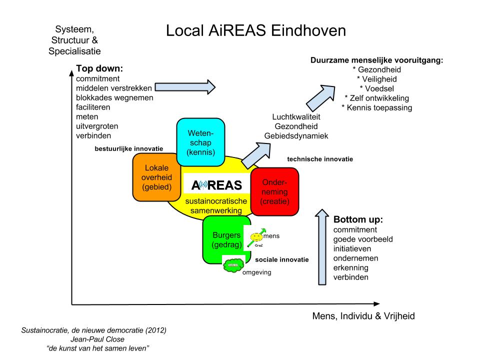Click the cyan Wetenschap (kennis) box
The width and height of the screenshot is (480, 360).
point(200,142)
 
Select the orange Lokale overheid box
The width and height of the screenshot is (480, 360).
point(154,177)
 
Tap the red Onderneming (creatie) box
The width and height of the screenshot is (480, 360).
point(274,192)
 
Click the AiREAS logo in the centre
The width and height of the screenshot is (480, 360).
point(216,185)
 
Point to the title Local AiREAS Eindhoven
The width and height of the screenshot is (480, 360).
point(256,31)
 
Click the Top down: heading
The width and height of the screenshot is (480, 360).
point(99,69)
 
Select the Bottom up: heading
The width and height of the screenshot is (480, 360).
point(357,220)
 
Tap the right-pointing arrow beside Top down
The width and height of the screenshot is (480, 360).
point(185,86)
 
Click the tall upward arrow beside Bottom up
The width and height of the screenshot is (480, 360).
point(325,247)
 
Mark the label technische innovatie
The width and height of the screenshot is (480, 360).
point(320,159)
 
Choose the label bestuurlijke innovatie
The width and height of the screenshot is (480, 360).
point(128,148)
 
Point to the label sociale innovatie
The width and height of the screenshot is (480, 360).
point(281,260)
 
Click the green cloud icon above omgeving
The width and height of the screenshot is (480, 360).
point(233,264)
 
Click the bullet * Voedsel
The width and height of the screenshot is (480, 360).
point(376,88)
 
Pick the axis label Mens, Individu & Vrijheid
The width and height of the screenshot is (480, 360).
point(363,316)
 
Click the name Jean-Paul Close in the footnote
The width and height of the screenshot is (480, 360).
point(93,338)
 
